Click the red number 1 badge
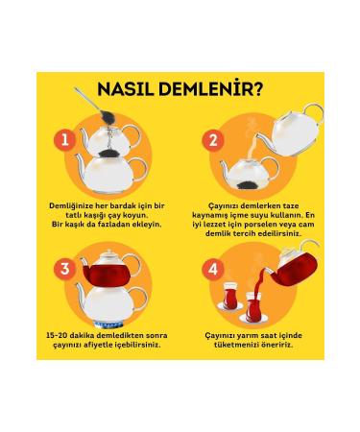[x=65, y=140]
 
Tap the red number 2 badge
[x=213, y=140]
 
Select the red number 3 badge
[x=65, y=269]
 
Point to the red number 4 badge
[x=213, y=269]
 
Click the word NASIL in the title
[x=125, y=89]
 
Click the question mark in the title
[x=257, y=88]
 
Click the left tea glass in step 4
[x=229, y=295]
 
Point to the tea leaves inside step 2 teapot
[x=248, y=184]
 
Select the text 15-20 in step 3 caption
[x=57, y=336]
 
